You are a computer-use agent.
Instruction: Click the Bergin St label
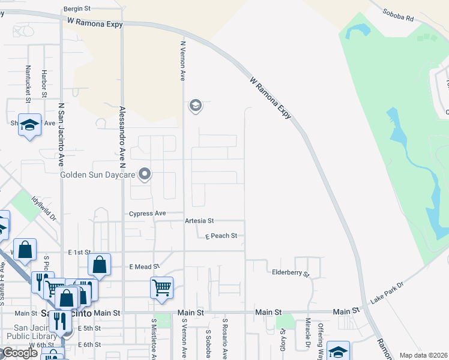(77, 9)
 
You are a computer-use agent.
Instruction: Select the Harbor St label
(44, 83)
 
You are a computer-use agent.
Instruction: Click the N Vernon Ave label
(183, 60)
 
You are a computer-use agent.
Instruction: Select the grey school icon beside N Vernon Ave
(195, 106)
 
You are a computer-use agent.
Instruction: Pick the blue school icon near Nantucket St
(29, 125)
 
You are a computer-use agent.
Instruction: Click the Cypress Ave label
(148, 214)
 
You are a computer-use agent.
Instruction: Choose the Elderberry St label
(291, 273)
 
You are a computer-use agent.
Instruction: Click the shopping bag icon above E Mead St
(99, 264)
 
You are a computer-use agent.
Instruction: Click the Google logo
(19, 353)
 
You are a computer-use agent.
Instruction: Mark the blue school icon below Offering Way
(338, 351)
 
